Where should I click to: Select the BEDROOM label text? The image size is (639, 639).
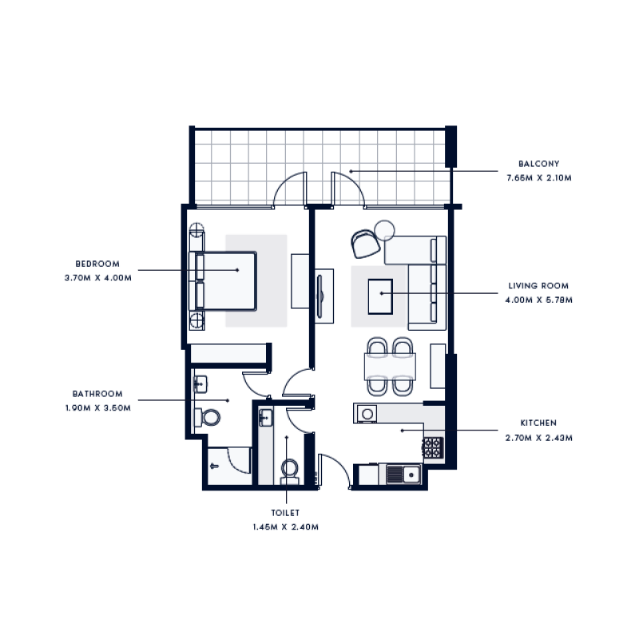click(x=97, y=264)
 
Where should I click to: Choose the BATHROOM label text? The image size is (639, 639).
click(x=97, y=394)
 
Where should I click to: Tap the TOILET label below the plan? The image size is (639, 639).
click(x=285, y=514)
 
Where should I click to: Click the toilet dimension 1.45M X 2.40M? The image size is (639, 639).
click(x=285, y=527)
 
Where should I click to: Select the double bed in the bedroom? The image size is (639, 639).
click(x=224, y=281)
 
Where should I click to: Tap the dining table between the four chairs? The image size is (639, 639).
click(x=390, y=367)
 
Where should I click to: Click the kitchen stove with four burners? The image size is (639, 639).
click(x=432, y=448)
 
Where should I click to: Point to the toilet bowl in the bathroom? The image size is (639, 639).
click(x=210, y=417)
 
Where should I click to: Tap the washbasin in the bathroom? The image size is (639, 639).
click(x=200, y=383)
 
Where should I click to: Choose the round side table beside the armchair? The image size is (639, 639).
click(x=385, y=230)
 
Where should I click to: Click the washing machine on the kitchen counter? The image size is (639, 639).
click(x=367, y=413)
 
